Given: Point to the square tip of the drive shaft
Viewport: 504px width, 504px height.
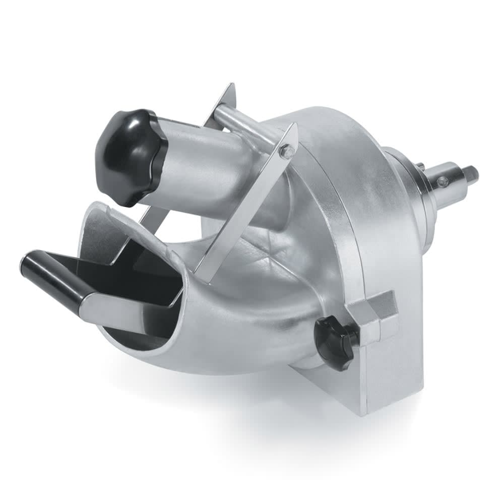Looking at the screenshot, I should pos(471,174).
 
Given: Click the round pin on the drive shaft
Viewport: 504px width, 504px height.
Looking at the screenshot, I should pos(443,181).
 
